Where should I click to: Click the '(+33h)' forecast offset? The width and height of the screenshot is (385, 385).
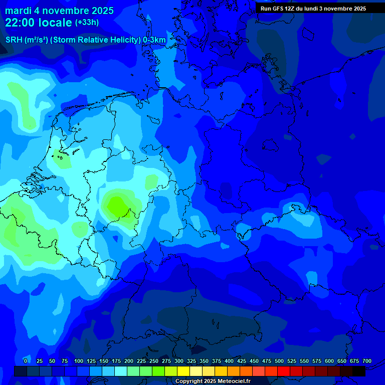pyautogui.click(x=87, y=23)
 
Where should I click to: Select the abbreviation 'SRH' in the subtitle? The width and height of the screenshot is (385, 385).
pyautogui.click(x=14, y=40)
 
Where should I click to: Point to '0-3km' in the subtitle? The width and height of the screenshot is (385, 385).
pyautogui.click(x=154, y=40)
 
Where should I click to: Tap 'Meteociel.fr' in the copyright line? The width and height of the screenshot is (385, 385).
pyautogui.click(x=232, y=381)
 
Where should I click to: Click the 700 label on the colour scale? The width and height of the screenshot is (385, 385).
pyautogui.click(x=367, y=361)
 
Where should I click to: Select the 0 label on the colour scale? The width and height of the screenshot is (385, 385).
pyautogui.click(x=26, y=361)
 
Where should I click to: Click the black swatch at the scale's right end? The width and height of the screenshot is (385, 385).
pyautogui.click(x=359, y=371)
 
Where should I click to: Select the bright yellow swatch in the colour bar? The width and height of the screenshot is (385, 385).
pyautogui.click(x=183, y=371)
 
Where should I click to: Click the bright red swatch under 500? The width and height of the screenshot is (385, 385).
pyautogui.click(x=284, y=371)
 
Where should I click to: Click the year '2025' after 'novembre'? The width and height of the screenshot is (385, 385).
pyautogui.click(x=100, y=11)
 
